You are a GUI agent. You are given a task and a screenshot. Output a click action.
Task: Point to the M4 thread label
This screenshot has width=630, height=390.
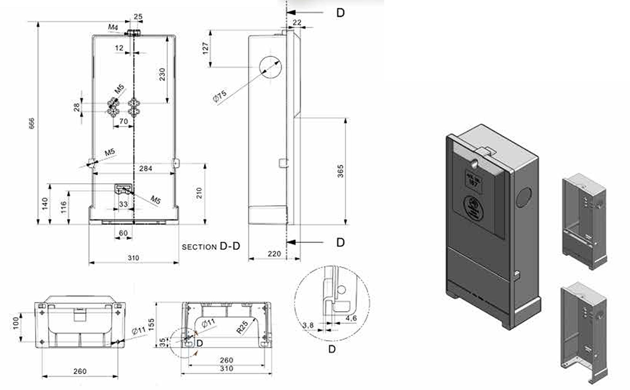click(x=113, y=28)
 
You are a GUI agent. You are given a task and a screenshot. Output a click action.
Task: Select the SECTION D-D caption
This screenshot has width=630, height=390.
click(x=210, y=247)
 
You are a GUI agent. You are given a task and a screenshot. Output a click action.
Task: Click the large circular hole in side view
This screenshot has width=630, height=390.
click(x=269, y=67)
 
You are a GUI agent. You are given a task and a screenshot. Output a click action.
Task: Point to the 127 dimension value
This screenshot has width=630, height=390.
click(x=205, y=47)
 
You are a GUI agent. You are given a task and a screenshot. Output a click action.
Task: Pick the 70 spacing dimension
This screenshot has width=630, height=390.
click(x=124, y=122)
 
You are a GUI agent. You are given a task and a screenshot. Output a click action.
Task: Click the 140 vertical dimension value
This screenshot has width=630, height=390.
click(x=44, y=204)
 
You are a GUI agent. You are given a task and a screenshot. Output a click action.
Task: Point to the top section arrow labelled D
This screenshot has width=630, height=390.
click(x=340, y=13)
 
